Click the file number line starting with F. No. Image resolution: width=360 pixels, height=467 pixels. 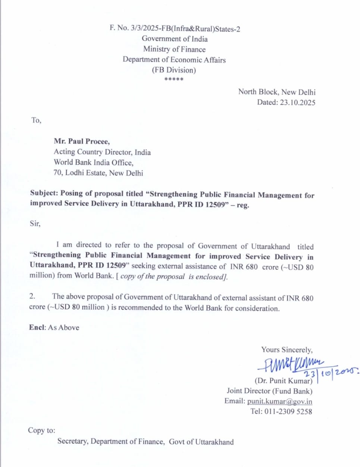point(175,28)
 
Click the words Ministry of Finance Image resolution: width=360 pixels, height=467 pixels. point(174,49)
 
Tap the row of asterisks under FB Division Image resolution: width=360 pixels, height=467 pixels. point(174,79)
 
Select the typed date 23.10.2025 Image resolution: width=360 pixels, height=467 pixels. point(297,102)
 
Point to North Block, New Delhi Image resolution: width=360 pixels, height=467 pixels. point(276,92)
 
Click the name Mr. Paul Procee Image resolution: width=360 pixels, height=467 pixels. point(82,141)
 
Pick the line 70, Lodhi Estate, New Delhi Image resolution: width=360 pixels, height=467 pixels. point(98,173)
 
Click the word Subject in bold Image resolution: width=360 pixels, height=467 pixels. point(44,193)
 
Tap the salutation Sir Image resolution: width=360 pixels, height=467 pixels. point(35,224)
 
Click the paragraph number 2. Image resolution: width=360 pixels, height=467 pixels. point(32,296)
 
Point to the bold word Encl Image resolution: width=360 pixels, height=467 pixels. point(37,328)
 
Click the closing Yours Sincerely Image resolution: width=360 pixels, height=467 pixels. point(287,350)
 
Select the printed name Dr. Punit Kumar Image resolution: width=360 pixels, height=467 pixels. point(283,381)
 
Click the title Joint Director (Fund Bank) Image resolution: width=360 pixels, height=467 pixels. point(269,391)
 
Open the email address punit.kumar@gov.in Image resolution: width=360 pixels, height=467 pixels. point(279,401)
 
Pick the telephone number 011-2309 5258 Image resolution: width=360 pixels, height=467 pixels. point(288,411)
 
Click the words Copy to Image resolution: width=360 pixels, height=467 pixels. point(41,430)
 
